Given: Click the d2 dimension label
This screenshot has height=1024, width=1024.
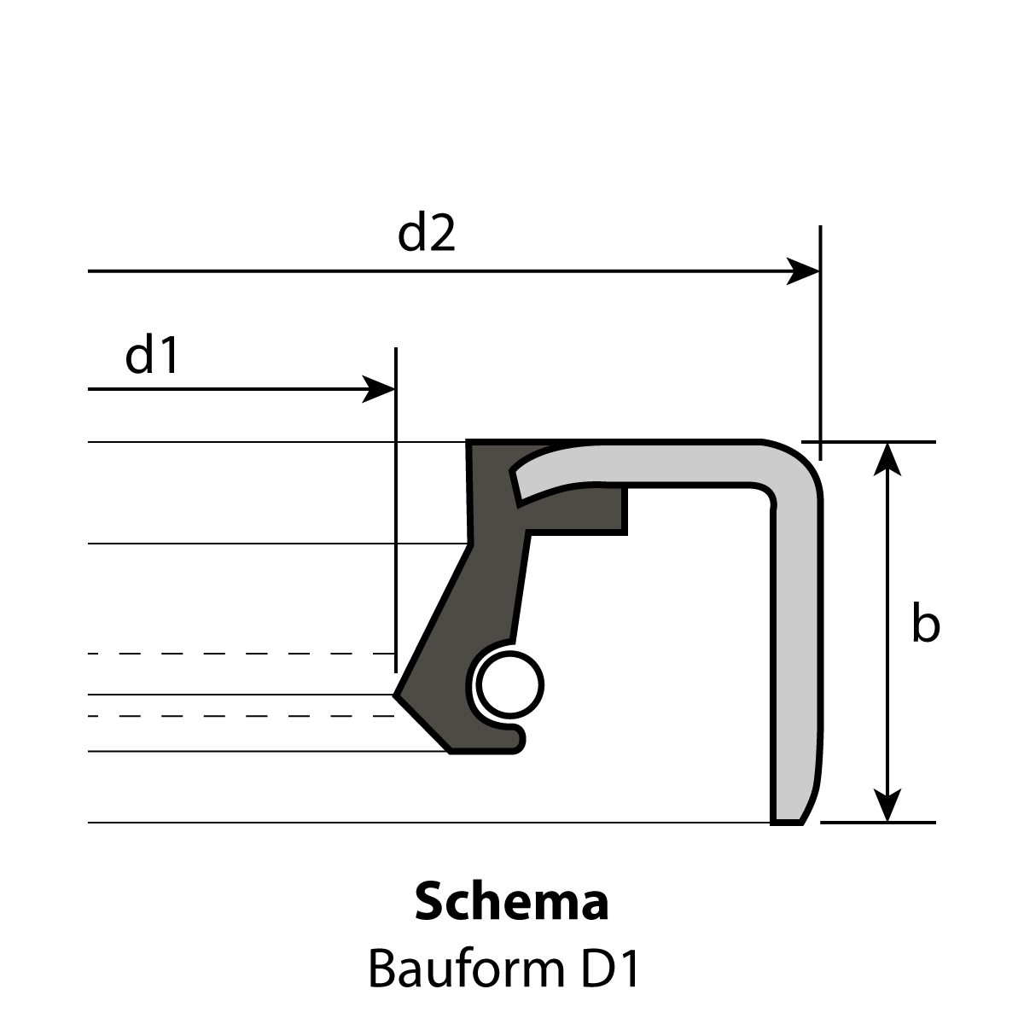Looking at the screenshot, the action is pos(426,233).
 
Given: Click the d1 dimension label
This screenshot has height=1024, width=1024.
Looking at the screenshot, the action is pos(151,355).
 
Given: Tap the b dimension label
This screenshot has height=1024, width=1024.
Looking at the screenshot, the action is pos(926,623).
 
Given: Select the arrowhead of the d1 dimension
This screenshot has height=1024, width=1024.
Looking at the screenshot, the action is pos(378,389).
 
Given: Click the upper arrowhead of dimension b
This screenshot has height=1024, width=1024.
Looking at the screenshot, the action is pos(887,460).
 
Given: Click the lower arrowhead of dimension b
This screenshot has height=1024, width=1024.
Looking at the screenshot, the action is pos(887,805).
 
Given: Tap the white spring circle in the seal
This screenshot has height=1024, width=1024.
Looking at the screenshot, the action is pos(509,685).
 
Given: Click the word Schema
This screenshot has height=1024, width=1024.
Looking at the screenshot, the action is pos(512,902).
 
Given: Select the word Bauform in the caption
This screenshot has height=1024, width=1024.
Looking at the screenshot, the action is pos(466,969).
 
